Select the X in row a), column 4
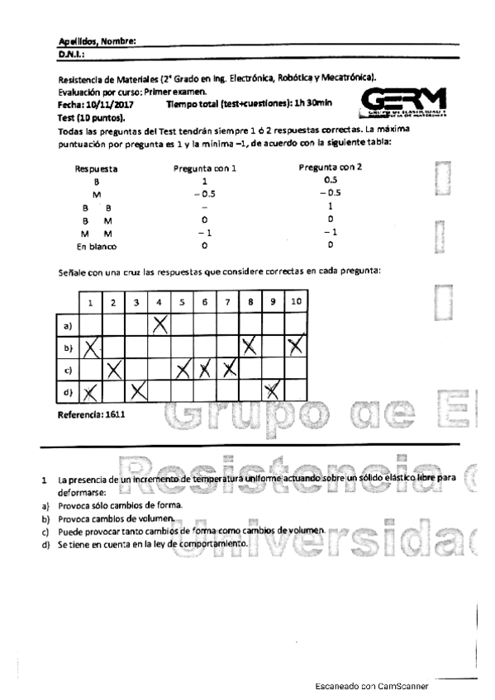point(159,325)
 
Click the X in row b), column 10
point(295,346)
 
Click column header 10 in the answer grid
point(295,302)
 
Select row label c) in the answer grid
point(69,369)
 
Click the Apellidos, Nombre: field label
point(97,41)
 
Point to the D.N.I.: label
point(72,54)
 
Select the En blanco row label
point(97,246)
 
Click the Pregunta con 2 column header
point(330,168)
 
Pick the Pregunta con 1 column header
point(205,168)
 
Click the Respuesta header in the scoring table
point(96,168)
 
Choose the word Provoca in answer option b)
point(74,518)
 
